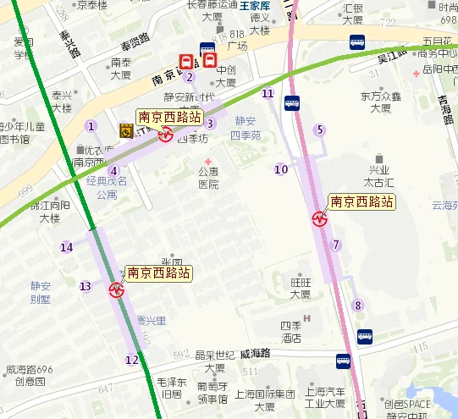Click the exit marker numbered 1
click(x=90, y=127)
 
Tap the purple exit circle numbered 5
click(x=319, y=130)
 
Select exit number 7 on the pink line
click(x=336, y=245)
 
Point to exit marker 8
click(x=358, y=306)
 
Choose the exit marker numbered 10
click(x=281, y=169)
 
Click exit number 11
click(x=268, y=94)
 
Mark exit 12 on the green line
click(x=131, y=360)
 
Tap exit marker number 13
click(x=85, y=286)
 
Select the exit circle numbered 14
click(x=66, y=247)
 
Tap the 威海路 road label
click(x=255, y=352)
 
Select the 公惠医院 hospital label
click(x=208, y=178)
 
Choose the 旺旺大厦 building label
click(x=300, y=288)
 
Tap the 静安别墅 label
click(x=40, y=292)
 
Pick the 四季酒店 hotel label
click(x=292, y=331)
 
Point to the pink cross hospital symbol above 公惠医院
click(x=208, y=161)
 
